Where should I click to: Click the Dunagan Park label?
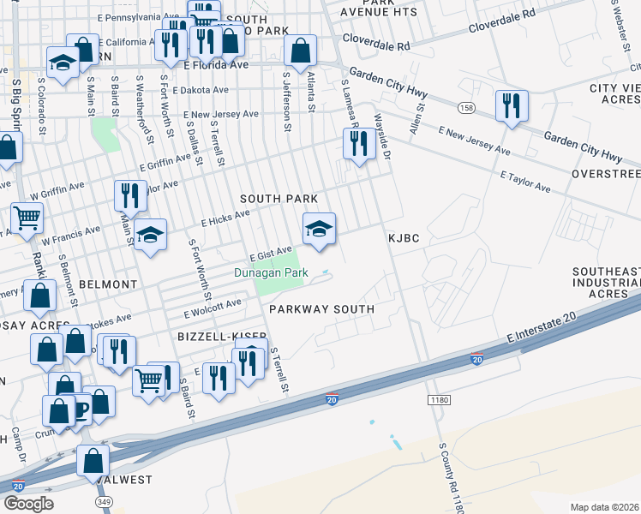click(x=271, y=273)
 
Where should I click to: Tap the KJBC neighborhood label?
click(x=403, y=238)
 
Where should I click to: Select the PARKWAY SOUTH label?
click(x=321, y=309)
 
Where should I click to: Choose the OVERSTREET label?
click(x=606, y=174)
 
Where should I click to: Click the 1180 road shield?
click(x=439, y=400)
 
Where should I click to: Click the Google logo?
click(x=28, y=504)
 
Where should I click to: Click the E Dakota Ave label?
click(x=201, y=89)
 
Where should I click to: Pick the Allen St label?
click(x=416, y=119)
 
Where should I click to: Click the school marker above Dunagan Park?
click(x=319, y=228)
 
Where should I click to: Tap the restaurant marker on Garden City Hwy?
click(x=512, y=106)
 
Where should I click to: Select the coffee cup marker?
click(x=79, y=409)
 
